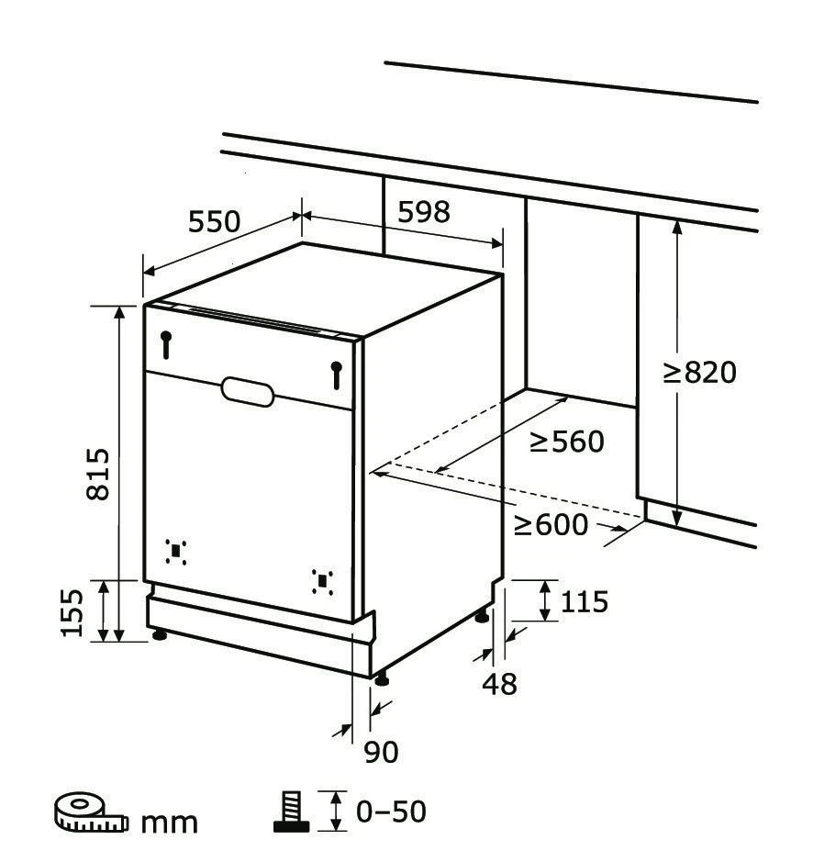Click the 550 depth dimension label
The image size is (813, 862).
click(x=215, y=221)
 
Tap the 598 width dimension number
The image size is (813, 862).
click(x=424, y=212)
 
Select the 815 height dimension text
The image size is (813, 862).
click(x=98, y=474)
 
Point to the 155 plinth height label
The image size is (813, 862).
click(x=72, y=613)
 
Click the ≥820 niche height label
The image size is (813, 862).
click(x=700, y=372)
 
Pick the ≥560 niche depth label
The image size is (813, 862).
click(x=567, y=441)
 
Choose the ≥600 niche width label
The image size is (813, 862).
click(x=551, y=524)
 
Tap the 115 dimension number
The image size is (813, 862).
click(x=585, y=601)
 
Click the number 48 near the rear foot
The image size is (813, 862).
click(x=500, y=684)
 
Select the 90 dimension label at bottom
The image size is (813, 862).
click(x=382, y=752)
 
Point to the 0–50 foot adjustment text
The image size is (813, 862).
click(x=392, y=812)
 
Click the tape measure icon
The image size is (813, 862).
click(x=91, y=812)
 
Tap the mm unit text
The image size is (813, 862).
click(x=170, y=823)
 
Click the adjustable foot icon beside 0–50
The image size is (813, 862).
click(x=291, y=812)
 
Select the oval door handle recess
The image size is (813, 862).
click(x=248, y=391)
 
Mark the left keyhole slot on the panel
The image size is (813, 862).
click(x=166, y=344)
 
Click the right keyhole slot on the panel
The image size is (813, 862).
click(x=337, y=375)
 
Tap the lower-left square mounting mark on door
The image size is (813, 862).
click(x=176, y=552)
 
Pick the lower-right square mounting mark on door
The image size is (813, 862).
click(x=323, y=582)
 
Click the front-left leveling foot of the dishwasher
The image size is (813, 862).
click(x=160, y=635)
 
